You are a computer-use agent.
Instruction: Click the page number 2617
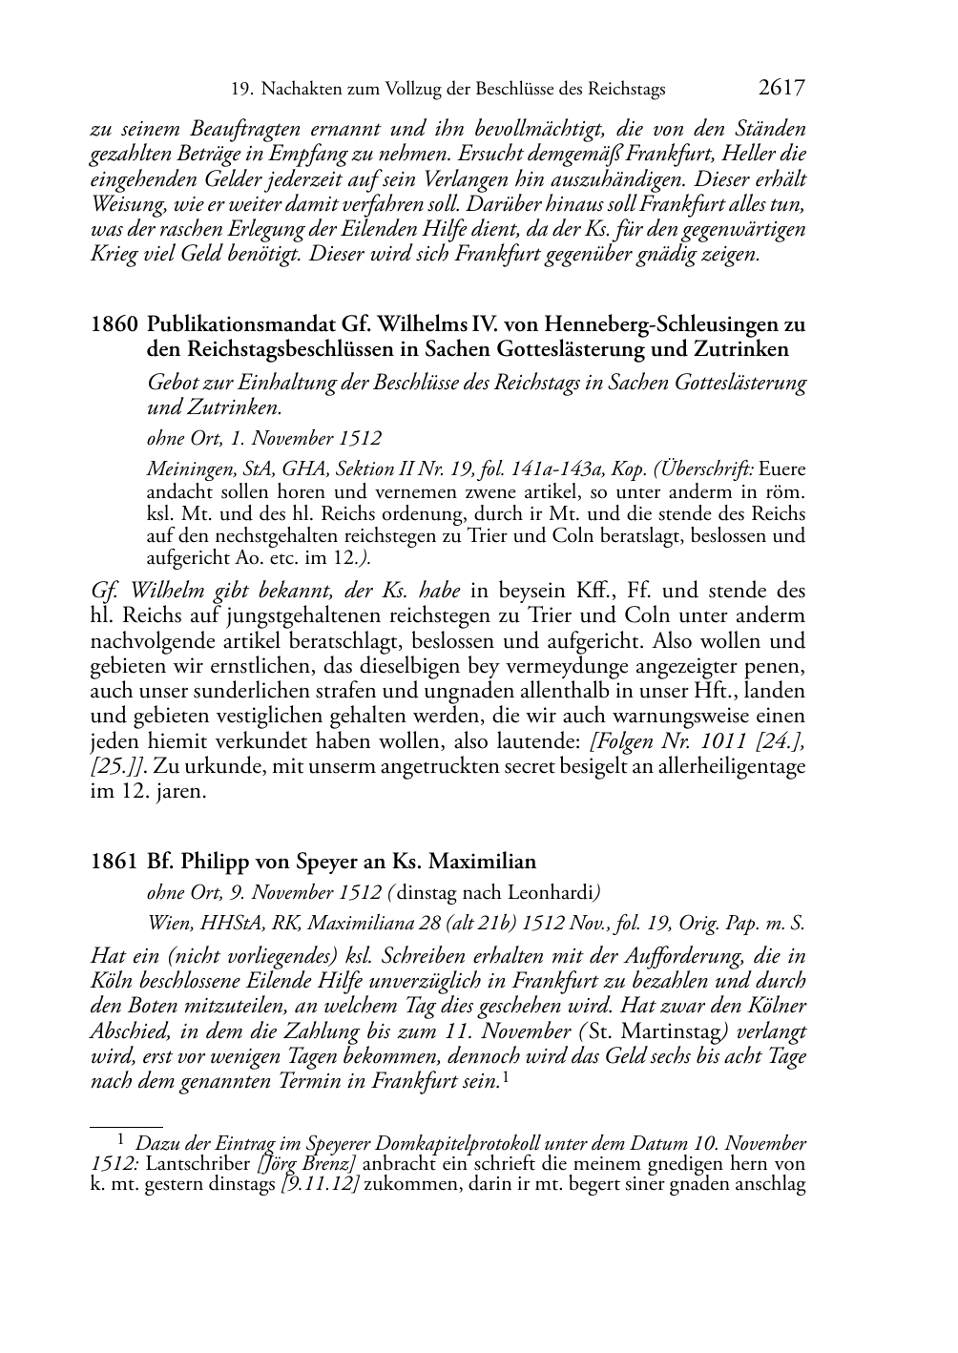[x=781, y=89]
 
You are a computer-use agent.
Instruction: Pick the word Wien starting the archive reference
[x=168, y=923]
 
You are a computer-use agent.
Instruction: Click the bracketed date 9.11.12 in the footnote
[x=315, y=1184]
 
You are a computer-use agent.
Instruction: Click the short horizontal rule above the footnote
[x=126, y=1127]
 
